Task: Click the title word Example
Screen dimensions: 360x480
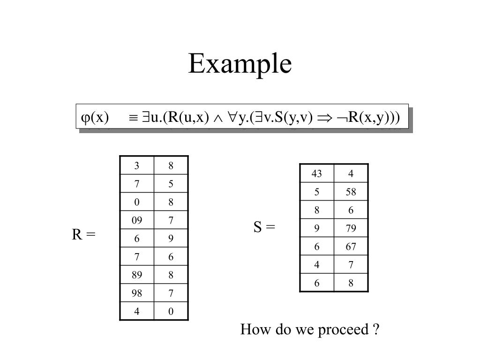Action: click(x=240, y=64)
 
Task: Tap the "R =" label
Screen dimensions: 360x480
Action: click(x=83, y=234)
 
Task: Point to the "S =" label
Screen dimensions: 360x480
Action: click(x=264, y=227)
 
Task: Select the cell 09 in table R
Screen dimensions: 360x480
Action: click(x=136, y=220)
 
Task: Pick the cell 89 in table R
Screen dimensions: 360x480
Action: click(x=136, y=275)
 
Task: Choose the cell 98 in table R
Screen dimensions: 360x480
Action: click(x=136, y=293)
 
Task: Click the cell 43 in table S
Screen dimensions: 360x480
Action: click(x=316, y=174)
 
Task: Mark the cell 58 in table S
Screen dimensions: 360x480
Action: click(x=351, y=192)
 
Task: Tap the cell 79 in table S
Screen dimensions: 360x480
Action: click(x=351, y=229)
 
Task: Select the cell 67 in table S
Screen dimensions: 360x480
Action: click(x=351, y=247)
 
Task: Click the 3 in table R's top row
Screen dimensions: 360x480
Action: click(x=136, y=165)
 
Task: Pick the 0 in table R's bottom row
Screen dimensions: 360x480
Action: click(x=171, y=312)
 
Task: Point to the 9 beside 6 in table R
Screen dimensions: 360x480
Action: click(x=171, y=239)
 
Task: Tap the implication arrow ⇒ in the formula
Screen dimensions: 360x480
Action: click(x=323, y=117)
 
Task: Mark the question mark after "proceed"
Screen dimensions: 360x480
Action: click(x=376, y=330)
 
